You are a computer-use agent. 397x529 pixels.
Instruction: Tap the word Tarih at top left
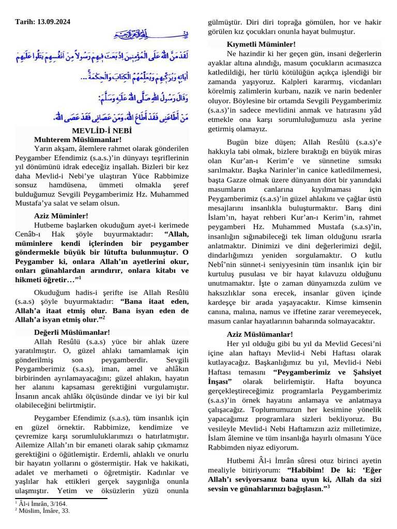point(24,22)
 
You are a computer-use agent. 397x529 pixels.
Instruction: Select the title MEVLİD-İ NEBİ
point(102,131)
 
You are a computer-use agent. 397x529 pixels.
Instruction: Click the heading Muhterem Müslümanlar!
point(78,139)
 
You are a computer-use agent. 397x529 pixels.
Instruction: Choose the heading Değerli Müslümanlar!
point(72,332)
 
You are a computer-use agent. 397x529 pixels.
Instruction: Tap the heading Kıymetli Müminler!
point(261,45)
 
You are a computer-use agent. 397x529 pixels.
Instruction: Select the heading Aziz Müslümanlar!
point(259,334)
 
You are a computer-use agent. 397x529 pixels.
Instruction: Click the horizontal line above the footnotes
point(61,499)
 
